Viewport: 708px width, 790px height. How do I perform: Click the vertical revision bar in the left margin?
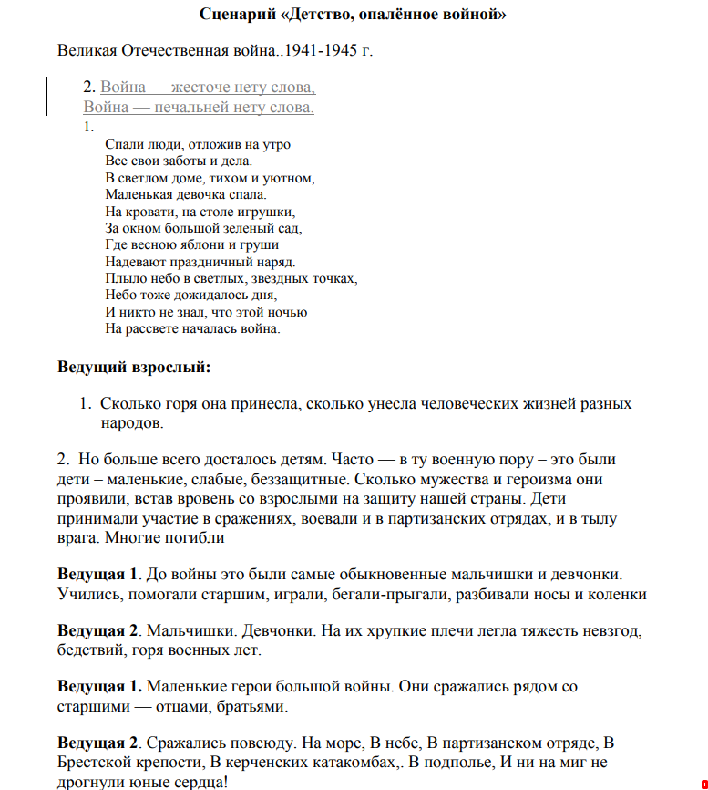click(x=47, y=98)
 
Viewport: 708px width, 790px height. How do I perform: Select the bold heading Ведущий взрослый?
click(x=134, y=368)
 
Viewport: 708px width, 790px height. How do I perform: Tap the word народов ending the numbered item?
click(x=132, y=423)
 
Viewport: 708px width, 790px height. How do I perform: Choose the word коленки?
click(x=615, y=595)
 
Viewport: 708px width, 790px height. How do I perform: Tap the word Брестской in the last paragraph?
click(x=100, y=763)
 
